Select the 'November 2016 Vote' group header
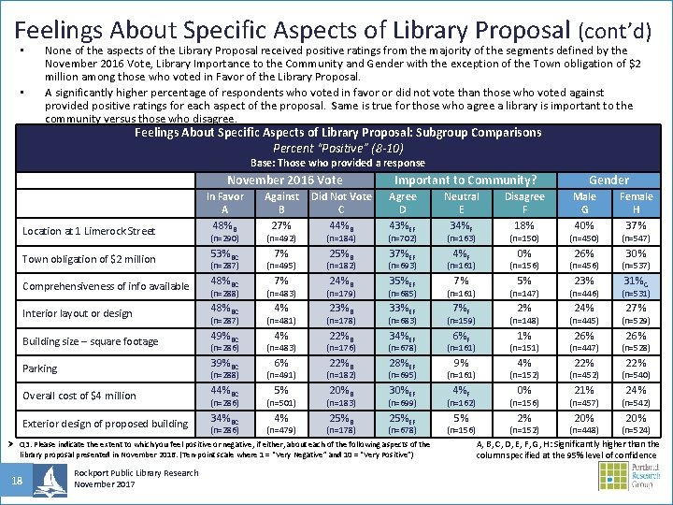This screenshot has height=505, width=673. pyautogui.click(x=284, y=180)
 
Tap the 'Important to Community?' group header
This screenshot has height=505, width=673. pyautogui.click(x=465, y=180)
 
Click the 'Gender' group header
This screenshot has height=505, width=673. pyautogui.click(x=609, y=180)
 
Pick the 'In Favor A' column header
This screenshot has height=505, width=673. pyautogui.click(x=225, y=203)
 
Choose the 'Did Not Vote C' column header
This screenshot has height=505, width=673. pyautogui.click(x=341, y=203)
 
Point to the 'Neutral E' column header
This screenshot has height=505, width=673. pyautogui.click(x=461, y=203)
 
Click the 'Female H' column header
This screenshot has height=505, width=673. pyautogui.click(x=636, y=203)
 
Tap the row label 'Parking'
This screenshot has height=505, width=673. pyautogui.click(x=40, y=368)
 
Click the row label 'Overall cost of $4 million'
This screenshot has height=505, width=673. pyautogui.click(x=79, y=396)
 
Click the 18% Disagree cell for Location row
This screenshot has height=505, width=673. pyautogui.click(x=524, y=225)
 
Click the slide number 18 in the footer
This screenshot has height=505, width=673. pyautogui.click(x=16, y=481)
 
